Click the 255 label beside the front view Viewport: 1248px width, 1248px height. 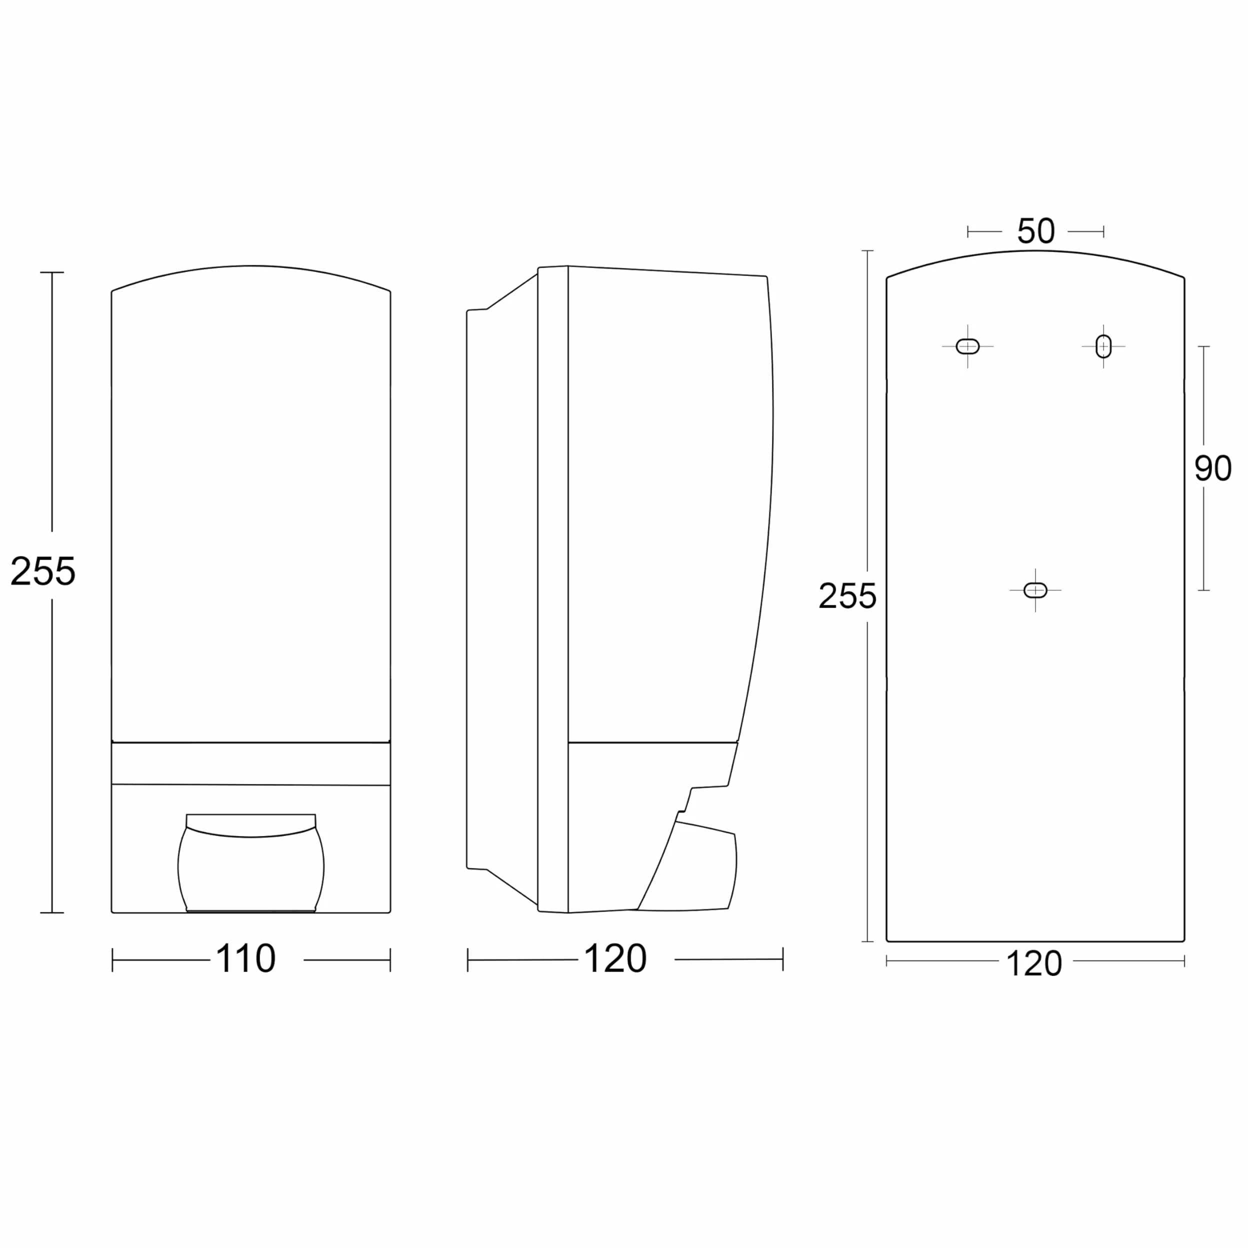coord(42,571)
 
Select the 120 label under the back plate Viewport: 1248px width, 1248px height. coord(1034,964)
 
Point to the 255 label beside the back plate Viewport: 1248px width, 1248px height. coord(847,595)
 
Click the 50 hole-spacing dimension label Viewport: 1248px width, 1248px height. coord(1036,230)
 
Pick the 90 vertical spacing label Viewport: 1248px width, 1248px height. coord(1213,468)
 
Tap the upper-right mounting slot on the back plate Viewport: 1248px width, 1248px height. coord(1104,346)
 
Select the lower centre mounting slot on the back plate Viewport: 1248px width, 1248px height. coord(1035,590)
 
